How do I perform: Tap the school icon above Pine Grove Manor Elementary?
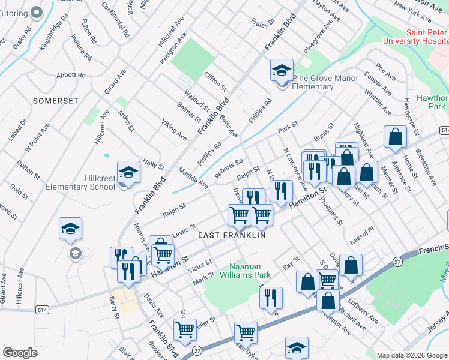[282, 71]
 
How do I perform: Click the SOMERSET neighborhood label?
[56, 101]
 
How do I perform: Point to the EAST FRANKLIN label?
[232, 236]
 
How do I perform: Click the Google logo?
[20, 353]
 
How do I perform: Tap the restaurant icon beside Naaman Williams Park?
[271, 297]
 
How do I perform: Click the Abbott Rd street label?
[71, 75]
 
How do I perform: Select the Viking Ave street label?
[173, 130]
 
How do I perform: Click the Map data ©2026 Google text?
[411, 355]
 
